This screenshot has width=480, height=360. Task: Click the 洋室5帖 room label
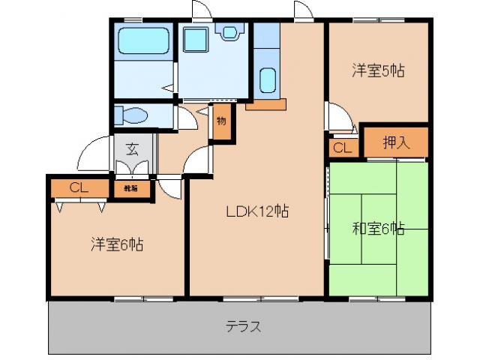pos(379,71)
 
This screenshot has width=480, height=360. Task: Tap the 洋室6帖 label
pos(118,244)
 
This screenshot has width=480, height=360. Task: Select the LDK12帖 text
pos(258,211)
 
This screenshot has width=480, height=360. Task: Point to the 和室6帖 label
pos(379,228)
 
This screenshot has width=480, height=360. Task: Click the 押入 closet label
pos(395,142)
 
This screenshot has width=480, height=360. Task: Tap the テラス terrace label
pos(243,326)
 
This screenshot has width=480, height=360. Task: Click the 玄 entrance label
pos(132,148)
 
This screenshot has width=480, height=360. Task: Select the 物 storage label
pos(221,121)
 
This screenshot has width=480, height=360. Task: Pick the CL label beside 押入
pos(342,148)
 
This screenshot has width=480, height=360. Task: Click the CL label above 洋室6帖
pos(79,187)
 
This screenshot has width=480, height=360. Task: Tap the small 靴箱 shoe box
pos(130,188)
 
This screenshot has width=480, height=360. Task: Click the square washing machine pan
pos(196,41)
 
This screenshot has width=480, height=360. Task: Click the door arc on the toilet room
pos(185,118)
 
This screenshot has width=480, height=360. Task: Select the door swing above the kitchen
pos(303,11)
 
